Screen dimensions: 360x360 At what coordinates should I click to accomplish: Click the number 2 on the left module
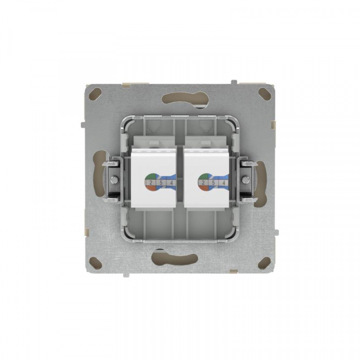point(151,182)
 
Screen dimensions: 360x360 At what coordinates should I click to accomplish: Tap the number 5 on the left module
point(161,182)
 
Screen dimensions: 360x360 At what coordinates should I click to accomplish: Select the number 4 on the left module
point(172,182)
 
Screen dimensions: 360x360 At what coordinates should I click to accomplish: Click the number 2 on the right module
point(203,182)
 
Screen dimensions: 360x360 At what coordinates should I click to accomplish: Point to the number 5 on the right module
point(213,182)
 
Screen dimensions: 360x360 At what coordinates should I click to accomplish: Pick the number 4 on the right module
point(224,182)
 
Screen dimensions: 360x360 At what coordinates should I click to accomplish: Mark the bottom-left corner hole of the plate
point(96,262)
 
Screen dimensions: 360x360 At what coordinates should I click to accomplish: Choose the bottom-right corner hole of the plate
point(263,262)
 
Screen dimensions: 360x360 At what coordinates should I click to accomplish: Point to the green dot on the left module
point(151,176)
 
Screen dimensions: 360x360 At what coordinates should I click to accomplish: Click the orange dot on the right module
point(203,188)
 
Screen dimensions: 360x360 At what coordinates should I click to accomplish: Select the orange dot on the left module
point(151,188)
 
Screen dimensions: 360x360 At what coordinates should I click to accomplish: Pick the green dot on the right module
point(203,176)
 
